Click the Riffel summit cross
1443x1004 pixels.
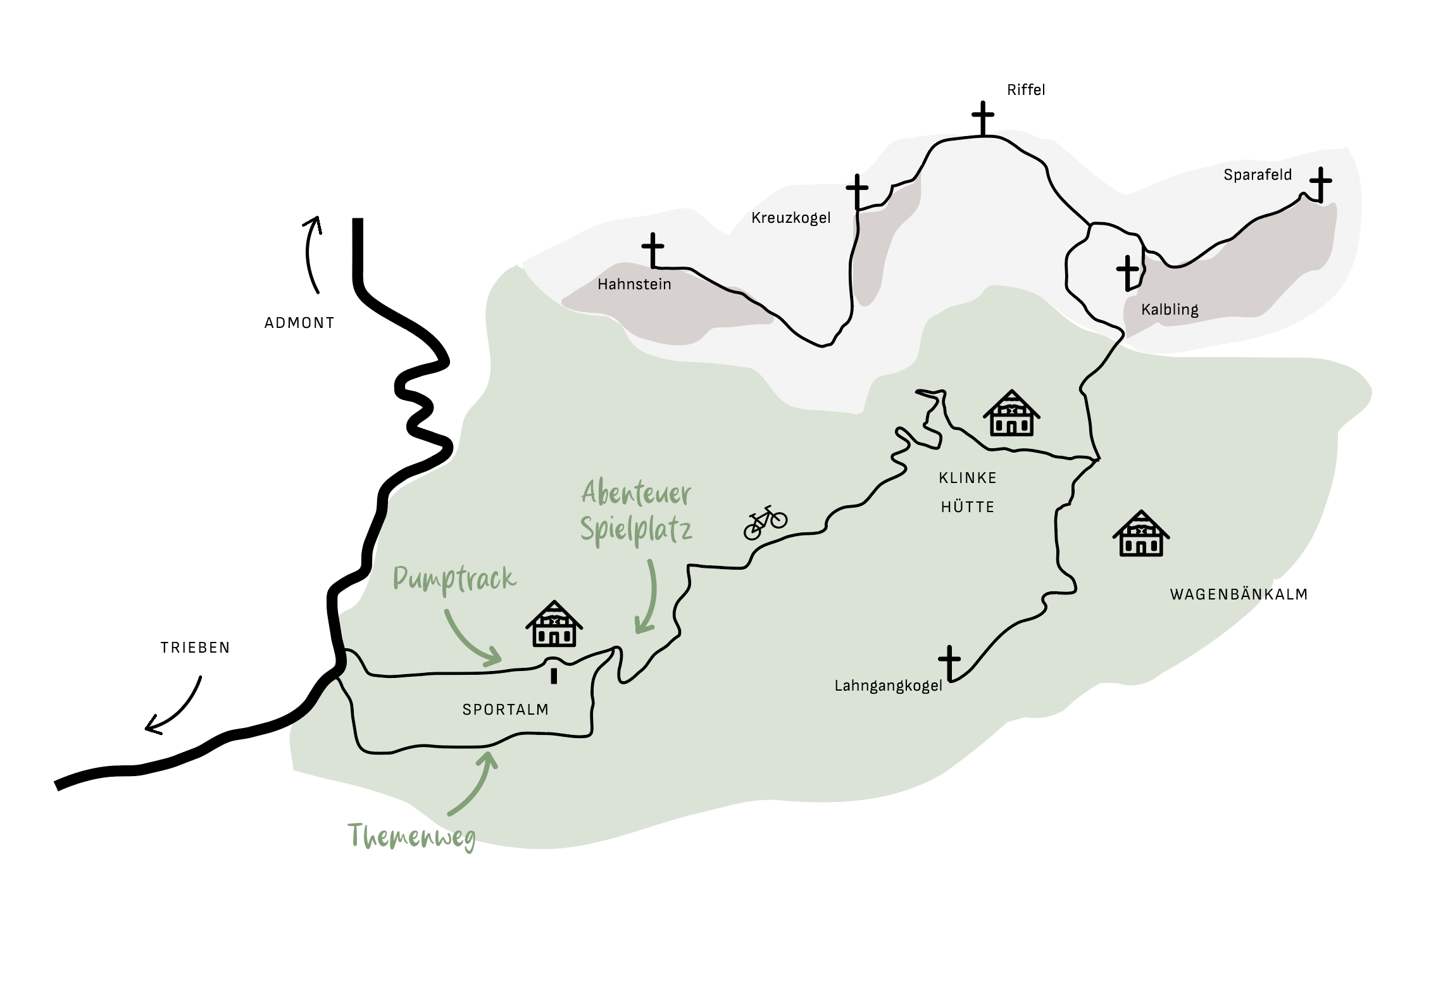(x=983, y=118)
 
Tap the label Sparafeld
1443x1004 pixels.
(x=1257, y=175)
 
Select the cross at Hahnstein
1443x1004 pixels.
(x=653, y=250)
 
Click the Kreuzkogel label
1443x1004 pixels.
(x=790, y=218)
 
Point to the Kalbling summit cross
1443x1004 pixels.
(x=1128, y=273)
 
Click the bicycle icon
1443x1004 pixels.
(x=765, y=522)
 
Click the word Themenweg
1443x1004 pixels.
(x=412, y=837)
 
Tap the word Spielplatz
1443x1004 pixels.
(x=635, y=530)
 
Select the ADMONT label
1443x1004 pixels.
(x=299, y=323)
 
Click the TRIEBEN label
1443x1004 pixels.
(x=195, y=648)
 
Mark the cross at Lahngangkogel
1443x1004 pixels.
(x=949, y=663)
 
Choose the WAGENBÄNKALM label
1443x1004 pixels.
(x=1238, y=594)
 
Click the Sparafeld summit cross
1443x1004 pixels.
(x=1320, y=184)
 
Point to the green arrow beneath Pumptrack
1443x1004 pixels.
(x=471, y=639)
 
